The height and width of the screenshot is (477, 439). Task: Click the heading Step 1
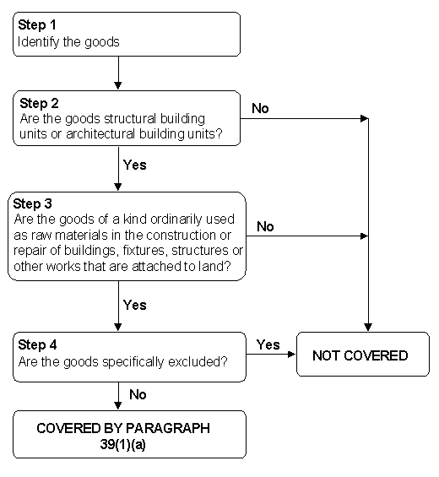(x=37, y=24)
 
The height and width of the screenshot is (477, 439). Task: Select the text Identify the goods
(x=68, y=42)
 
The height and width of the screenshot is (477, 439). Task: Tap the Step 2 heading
(x=39, y=104)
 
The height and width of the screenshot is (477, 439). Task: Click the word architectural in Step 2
(x=100, y=134)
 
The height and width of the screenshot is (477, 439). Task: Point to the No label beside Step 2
(x=260, y=108)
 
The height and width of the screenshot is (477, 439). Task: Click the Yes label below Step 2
(x=135, y=165)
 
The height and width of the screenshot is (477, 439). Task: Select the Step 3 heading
(x=33, y=203)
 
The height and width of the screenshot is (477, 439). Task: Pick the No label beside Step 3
(x=265, y=226)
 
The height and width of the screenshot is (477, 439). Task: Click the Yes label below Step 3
(x=135, y=305)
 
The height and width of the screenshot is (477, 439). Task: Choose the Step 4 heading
(x=37, y=345)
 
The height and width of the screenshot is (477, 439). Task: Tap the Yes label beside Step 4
(x=268, y=344)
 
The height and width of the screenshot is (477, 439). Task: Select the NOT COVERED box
(x=363, y=354)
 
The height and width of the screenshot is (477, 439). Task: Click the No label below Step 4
(x=138, y=394)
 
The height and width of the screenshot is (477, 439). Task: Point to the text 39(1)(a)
(x=123, y=444)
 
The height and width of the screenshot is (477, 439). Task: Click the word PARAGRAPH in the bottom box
(x=168, y=428)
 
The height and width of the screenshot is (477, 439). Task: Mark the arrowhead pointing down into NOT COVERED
(x=368, y=328)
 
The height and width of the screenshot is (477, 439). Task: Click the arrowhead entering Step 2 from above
(x=118, y=85)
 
